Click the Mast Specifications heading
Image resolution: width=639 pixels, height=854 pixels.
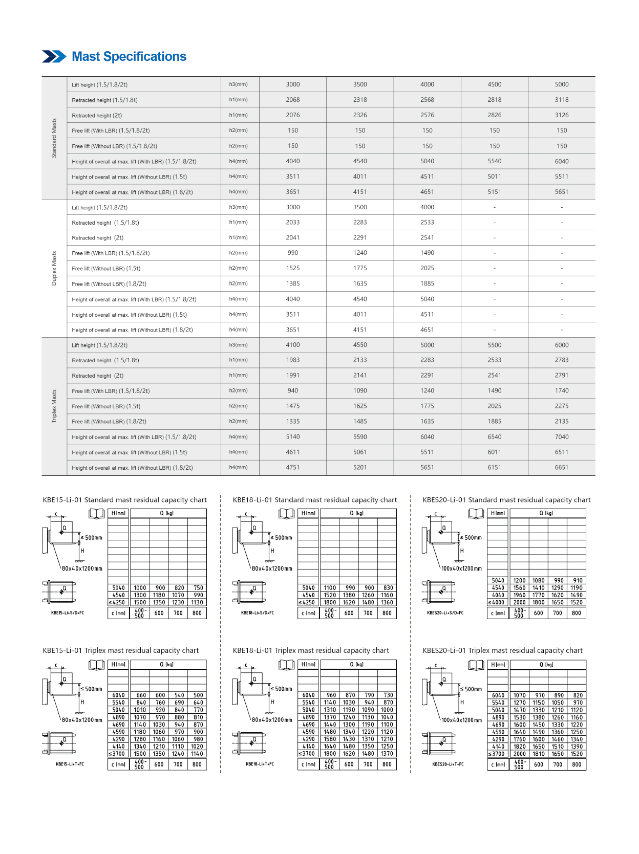(129, 57)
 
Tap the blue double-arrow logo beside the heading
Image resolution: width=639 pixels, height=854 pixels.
(54, 57)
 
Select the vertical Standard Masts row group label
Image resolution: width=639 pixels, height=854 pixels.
(54, 138)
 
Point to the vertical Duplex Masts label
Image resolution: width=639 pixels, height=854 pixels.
(54, 268)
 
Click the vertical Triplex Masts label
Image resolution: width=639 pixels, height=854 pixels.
(54, 406)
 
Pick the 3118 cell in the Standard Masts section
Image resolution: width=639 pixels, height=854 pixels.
(561, 100)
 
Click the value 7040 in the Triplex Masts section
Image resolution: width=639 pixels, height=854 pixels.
(561, 437)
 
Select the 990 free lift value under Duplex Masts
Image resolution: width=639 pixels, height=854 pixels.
(293, 253)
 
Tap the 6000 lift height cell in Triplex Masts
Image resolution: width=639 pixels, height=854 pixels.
(561, 345)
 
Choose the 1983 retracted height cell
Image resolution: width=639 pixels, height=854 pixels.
(293, 360)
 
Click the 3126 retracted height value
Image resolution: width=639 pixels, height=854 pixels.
(561, 115)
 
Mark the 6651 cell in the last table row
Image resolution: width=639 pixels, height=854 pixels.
(561, 468)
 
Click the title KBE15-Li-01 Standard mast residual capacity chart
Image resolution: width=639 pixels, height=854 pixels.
(125, 500)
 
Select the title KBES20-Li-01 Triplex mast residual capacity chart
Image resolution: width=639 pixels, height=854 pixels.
(502, 651)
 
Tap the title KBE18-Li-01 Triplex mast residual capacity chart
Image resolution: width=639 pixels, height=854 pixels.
(311, 651)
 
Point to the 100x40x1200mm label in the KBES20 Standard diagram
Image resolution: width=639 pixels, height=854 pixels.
(461, 568)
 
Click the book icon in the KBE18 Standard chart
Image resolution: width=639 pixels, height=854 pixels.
(286, 513)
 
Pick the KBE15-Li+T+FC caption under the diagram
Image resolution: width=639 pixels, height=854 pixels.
(70, 764)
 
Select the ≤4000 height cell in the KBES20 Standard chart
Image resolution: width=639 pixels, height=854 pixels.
(498, 603)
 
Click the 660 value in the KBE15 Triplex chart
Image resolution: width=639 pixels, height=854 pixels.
(141, 695)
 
